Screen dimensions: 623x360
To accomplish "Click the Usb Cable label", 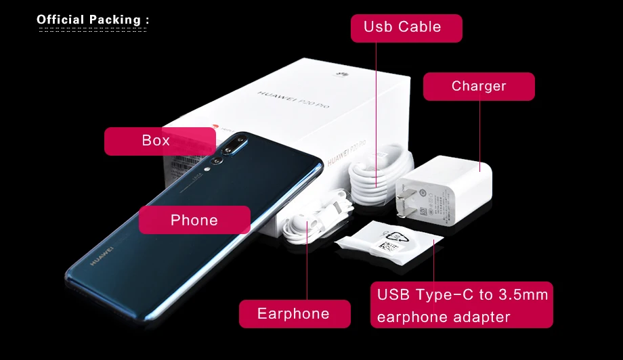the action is pyautogui.click(x=406, y=28).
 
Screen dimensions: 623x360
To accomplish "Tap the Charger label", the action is pyautogui.click(x=479, y=87).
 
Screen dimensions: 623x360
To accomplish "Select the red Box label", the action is pyautogui.click(x=159, y=141).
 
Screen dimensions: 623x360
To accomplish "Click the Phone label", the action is pyautogui.click(x=194, y=220).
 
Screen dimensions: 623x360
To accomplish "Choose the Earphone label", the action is pyautogui.click(x=294, y=314).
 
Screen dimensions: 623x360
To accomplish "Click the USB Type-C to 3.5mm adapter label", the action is pyautogui.click(x=462, y=305).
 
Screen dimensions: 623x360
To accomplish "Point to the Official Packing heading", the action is pyautogui.click(x=92, y=20).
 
